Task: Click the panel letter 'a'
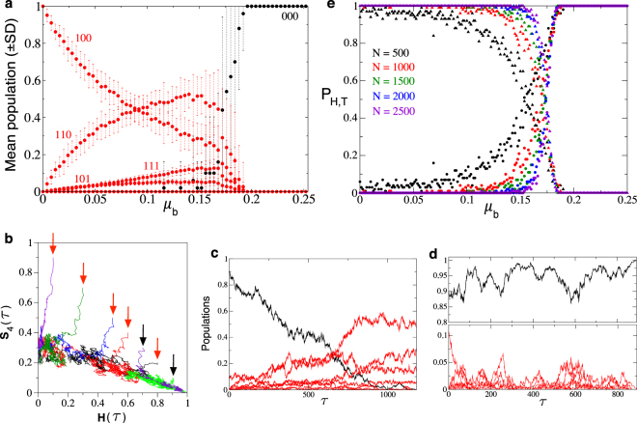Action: tap(7, 6)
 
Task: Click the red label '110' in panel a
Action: tap(65, 133)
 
